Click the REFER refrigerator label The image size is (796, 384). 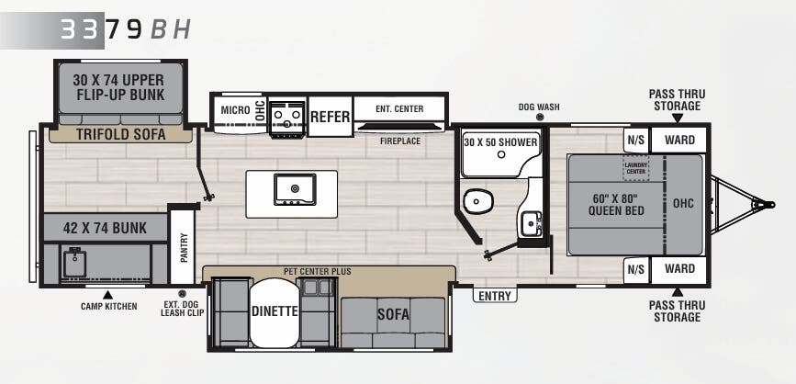click(330, 117)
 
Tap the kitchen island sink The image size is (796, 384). click(295, 189)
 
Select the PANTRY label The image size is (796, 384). click(184, 247)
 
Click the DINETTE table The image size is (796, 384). click(275, 311)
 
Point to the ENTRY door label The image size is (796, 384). click(495, 296)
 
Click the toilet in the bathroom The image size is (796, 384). click(477, 201)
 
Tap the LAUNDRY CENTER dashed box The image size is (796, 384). click(636, 167)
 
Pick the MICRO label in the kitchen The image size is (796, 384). click(235, 110)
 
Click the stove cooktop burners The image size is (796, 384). click(286, 116)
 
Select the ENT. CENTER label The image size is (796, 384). click(399, 108)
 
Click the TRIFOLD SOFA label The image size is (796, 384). click(121, 135)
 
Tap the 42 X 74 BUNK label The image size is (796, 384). click(105, 229)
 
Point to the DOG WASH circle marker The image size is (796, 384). click(539, 118)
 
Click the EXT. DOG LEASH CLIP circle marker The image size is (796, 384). click(182, 293)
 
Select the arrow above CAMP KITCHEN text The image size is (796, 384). click(107, 294)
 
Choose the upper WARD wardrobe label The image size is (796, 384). click(679, 140)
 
